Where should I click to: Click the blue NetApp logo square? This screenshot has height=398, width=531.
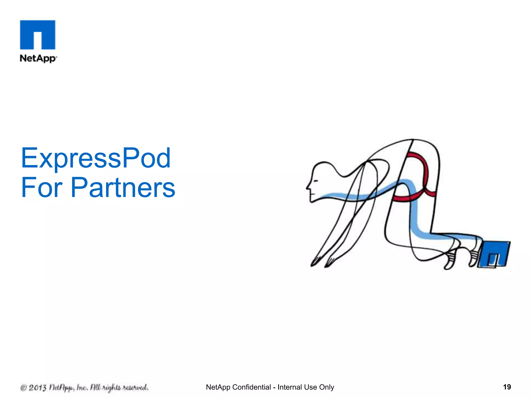click(38, 35)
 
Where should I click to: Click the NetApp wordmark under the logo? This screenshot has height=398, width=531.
click(38, 58)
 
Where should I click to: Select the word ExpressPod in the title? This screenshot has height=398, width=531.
click(96, 158)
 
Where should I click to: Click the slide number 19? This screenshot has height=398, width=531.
click(507, 387)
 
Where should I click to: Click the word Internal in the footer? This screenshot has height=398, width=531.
click(290, 387)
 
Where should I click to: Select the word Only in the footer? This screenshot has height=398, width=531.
click(326, 387)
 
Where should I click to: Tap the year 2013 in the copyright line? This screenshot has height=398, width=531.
click(37, 388)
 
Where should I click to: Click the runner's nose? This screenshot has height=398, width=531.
click(308, 187)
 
